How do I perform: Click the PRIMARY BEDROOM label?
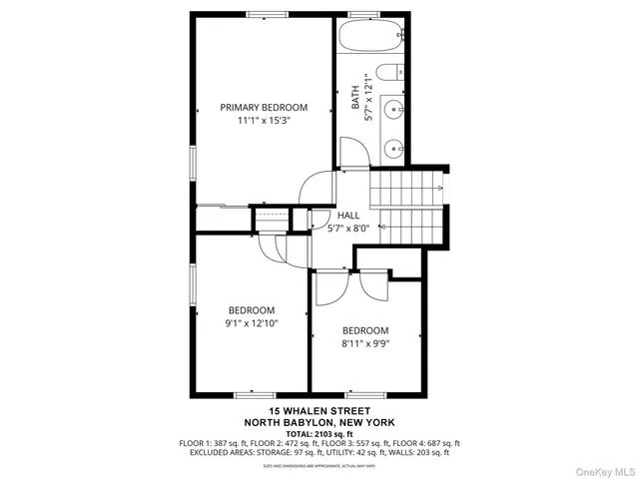click(x=264, y=107)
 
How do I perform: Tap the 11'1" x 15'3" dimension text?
click(x=264, y=121)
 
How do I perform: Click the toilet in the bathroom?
click(x=395, y=72)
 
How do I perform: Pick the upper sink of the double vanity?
click(x=394, y=109)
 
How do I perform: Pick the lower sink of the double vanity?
click(x=394, y=147)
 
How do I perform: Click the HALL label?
click(x=348, y=216)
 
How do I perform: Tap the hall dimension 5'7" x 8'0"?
click(x=348, y=229)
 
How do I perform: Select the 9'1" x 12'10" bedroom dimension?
click(x=251, y=323)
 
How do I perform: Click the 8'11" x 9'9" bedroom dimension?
click(x=365, y=344)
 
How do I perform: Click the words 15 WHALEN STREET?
click(x=319, y=411)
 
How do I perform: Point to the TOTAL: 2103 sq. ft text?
click(x=319, y=432)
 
